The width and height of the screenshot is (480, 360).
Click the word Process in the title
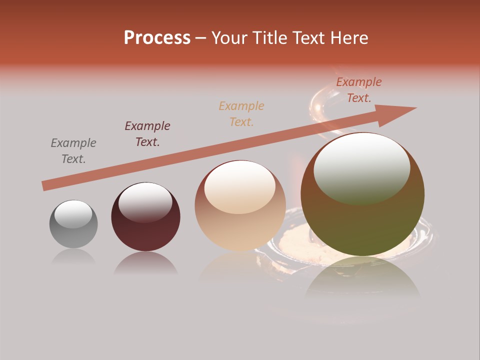pyautogui.click(x=157, y=38)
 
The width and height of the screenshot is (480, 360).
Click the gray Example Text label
pyautogui.click(x=73, y=151)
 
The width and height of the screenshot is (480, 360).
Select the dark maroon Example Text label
pyautogui.click(x=147, y=134)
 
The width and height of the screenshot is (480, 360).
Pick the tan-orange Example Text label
pyautogui.click(x=241, y=113)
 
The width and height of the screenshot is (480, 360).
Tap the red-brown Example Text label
pyautogui.click(x=359, y=90)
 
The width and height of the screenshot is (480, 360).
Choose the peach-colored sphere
pyautogui.click(x=240, y=206)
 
